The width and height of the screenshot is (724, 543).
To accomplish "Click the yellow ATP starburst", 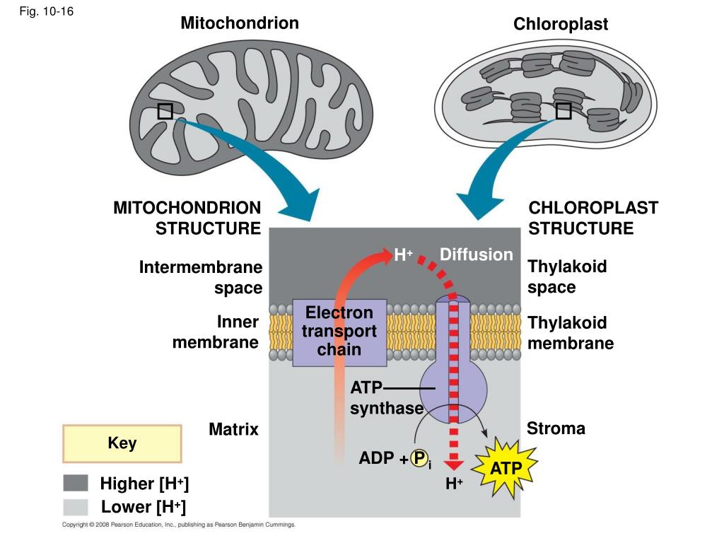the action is [506, 468].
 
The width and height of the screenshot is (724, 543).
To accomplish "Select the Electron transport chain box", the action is [339, 332].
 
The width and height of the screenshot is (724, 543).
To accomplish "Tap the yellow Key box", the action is [122, 443].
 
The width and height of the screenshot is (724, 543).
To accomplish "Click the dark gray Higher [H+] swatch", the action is [76, 483].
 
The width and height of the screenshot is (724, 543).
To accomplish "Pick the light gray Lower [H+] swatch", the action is [76, 507].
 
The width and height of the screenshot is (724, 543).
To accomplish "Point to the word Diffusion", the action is [476, 255].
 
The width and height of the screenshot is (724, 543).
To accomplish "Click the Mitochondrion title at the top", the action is [240, 23].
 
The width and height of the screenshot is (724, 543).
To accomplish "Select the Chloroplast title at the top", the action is [561, 23].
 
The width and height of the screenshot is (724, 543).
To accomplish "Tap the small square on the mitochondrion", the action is [165, 111].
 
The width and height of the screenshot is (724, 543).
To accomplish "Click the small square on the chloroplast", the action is [564, 111].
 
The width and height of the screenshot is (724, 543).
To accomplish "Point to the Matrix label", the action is [233, 429].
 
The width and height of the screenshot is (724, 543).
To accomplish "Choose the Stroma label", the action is [556, 428].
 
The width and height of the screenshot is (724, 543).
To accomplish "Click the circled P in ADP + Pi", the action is [419, 458].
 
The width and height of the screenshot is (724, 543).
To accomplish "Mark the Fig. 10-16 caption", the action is [46, 11].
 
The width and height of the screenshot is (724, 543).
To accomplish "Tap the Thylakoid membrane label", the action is [571, 332].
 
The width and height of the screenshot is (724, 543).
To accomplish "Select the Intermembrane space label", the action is [201, 277].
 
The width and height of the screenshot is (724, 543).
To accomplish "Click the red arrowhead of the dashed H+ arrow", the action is [454, 465].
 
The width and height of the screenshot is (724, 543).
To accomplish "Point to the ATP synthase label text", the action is [387, 397].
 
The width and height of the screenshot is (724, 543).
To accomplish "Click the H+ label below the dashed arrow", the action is [455, 484].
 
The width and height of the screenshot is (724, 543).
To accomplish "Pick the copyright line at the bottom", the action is [179, 525].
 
